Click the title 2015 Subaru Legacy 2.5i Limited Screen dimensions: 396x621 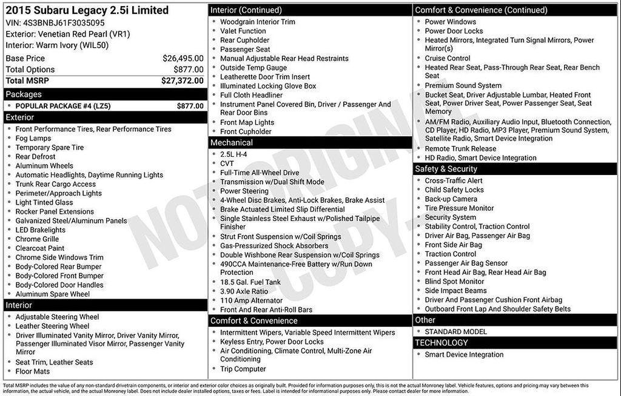pos(87,11)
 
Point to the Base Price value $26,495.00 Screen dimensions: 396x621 pos(183,58)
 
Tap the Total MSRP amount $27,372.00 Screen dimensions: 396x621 pos(182,81)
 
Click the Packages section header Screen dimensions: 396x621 pos(24,94)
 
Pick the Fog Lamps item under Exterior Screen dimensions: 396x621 pos(33,138)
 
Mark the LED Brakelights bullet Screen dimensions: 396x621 pos(41,230)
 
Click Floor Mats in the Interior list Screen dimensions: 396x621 pos(33,371)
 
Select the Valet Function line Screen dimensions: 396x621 pos(243,31)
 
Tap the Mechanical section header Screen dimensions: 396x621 pos(231,143)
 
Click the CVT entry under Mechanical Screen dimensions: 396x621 pos(227,163)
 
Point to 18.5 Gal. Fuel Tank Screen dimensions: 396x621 pos(250,282)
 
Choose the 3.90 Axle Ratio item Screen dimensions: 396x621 pos(244,291)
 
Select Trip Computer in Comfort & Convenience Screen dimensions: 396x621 pos(243,369)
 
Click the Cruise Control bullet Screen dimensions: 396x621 pos(448,58)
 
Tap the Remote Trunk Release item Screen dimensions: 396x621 pos(460,148)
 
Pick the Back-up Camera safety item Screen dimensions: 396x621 pos(451,199)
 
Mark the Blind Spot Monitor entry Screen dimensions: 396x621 pos(454,282)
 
